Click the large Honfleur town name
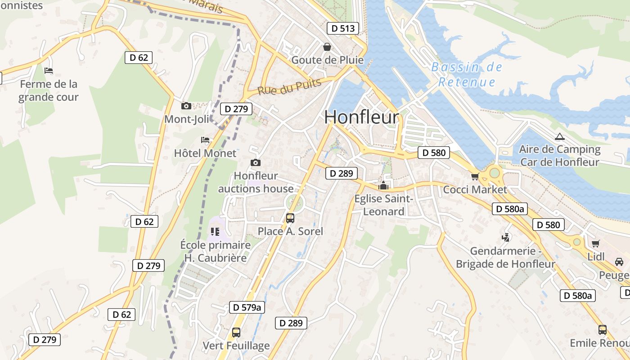click(361, 117)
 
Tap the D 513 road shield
click(343, 28)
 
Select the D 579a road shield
click(247, 307)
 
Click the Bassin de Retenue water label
click(467, 75)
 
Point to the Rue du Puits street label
click(289, 86)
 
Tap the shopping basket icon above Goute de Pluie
click(327, 47)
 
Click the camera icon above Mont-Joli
click(186, 106)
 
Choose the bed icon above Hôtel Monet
click(205, 140)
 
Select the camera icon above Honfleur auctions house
click(256, 163)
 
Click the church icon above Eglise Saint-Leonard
click(383, 185)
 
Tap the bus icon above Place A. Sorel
click(290, 218)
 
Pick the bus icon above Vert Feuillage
click(236, 333)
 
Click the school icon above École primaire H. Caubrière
click(215, 232)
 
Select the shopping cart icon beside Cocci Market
click(474, 176)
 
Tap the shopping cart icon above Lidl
click(596, 243)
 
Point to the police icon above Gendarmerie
click(506, 237)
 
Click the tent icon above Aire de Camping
click(559, 136)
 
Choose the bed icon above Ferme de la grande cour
click(49, 71)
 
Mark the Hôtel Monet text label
click(205, 153)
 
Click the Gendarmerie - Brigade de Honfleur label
click(505, 257)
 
